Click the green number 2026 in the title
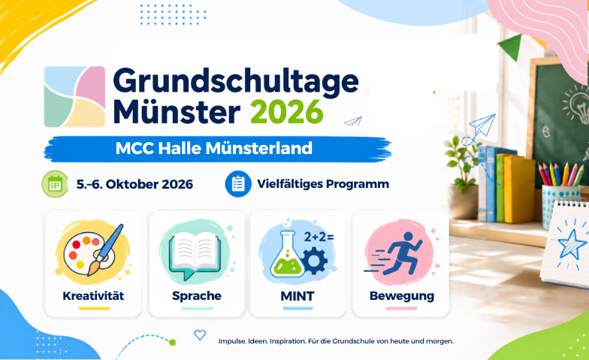coord(286,112)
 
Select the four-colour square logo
coord(74,96)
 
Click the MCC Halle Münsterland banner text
coord(213,148)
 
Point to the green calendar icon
coord(55,184)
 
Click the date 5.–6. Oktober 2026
coord(134,185)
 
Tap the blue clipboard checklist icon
coord(238,183)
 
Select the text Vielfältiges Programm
coord(323,184)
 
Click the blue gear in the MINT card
coord(315,260)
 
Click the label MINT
coord(298,296)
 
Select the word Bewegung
coord(401,296)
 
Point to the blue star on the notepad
coord(572,244)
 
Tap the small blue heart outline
coord(200,335)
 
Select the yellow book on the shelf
coord(518,190)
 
